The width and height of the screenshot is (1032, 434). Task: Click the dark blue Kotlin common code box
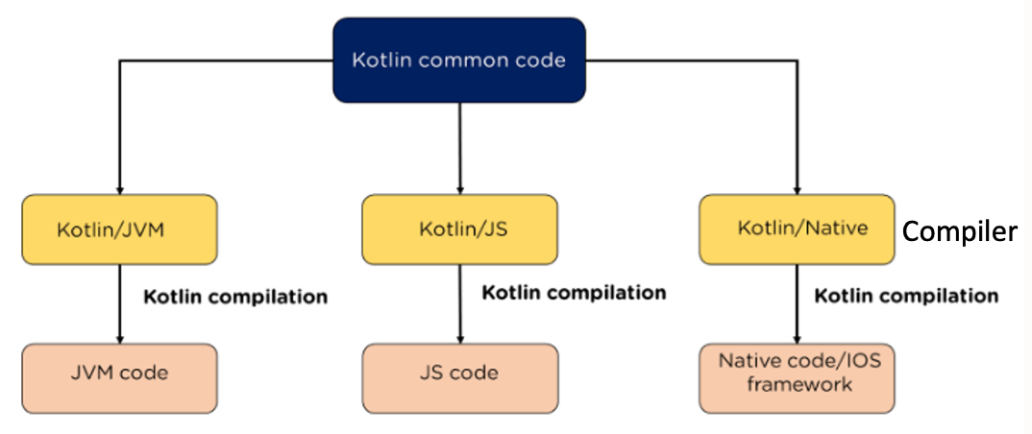[458, 60]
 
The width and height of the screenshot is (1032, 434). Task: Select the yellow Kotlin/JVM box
[119, 230]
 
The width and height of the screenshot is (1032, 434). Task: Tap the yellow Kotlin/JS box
[458, 229]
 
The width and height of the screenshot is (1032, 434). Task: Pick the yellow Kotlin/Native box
[797, 229]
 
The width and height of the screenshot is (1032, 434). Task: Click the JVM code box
[119, 373]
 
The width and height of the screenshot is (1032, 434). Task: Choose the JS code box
[458, 373]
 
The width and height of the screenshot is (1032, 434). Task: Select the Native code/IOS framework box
[797, 373]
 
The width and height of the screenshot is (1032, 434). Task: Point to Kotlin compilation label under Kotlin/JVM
[235, 297]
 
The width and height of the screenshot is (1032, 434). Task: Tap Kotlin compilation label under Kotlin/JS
[574, 292]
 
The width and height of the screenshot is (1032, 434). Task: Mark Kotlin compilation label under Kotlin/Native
[906, 296]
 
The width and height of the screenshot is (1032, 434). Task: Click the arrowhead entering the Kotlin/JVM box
[119, 189]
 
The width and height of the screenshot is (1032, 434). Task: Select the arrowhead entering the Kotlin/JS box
[459, 189]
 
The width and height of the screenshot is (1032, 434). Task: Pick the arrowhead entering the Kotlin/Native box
[797, 189]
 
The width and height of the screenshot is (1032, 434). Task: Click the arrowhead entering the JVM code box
[119, 338]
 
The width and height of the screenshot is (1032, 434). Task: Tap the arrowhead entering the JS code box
[459, 338]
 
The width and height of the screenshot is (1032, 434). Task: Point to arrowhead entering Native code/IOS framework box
[797, 338]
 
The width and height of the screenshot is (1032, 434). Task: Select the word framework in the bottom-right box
[797, 385]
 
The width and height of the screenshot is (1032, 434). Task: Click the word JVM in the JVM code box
[92, 373]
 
